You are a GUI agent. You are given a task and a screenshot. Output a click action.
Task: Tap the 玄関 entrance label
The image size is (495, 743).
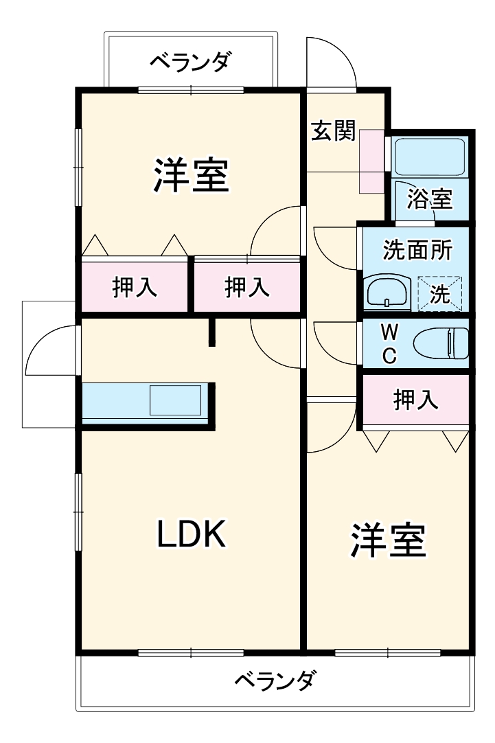pos(332,130)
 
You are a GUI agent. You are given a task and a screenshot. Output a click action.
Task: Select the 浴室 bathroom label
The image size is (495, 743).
pos(429,199)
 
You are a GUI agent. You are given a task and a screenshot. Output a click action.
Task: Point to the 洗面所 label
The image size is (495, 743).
pos(416,250)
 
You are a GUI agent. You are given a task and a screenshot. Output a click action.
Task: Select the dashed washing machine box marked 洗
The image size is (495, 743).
pos(440,293)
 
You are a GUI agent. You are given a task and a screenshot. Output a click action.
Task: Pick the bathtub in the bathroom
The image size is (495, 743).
pos(429,157)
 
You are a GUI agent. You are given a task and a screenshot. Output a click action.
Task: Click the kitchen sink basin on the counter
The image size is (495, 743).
pos(175,400)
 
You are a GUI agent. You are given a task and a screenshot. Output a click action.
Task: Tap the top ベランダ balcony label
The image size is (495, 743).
pos(189,62)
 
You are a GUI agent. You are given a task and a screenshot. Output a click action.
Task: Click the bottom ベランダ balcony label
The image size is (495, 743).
pos(275,681)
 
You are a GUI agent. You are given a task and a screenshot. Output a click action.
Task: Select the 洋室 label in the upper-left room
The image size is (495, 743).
pos(190,176)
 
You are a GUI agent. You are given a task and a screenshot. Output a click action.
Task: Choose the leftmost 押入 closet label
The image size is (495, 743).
pos(135,287)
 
